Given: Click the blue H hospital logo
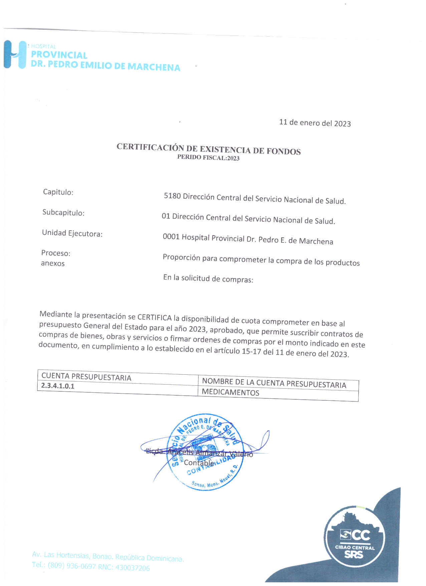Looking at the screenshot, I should pos(15,54).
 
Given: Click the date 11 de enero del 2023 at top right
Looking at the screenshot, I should pos(315,123).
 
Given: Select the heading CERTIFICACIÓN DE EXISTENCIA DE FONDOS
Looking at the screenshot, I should pos(208,149).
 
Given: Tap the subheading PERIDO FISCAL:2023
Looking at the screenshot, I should pos(208,158).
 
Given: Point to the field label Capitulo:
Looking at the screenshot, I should pos(58,192).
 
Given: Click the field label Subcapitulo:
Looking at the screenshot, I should pos(63,213).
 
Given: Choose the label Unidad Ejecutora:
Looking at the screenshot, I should pos(72,233).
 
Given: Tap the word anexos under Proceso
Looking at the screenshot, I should pos(53,263).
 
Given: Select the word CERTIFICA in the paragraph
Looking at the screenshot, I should pos(154,317).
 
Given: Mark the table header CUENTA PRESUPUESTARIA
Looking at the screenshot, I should pos(86,377).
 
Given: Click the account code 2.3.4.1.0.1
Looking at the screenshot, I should pos(58,386).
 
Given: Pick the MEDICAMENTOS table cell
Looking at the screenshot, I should pos(230,392).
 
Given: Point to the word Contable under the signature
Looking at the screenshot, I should pos(199,463).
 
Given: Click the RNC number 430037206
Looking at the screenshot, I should pos(133,568).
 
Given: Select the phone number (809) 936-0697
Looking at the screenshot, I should pos(71,566).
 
